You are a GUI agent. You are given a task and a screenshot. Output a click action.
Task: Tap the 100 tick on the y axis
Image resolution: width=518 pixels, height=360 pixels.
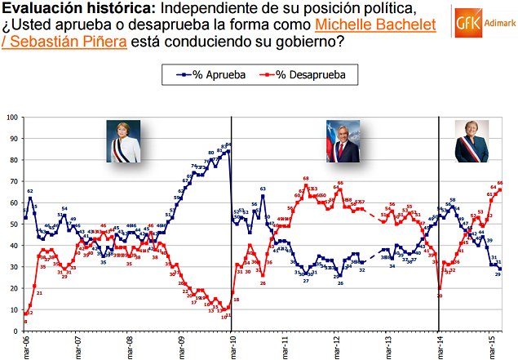[11, 118]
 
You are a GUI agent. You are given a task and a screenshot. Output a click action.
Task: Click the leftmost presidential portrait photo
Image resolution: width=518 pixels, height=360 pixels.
[123, 140]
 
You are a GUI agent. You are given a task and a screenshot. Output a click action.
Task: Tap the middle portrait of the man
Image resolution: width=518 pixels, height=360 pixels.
[343, 141]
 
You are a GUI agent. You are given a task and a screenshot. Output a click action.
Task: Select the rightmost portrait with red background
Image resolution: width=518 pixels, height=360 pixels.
[471, 141]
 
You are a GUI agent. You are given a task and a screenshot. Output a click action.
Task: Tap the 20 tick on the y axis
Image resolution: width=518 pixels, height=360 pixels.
[13, 288]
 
